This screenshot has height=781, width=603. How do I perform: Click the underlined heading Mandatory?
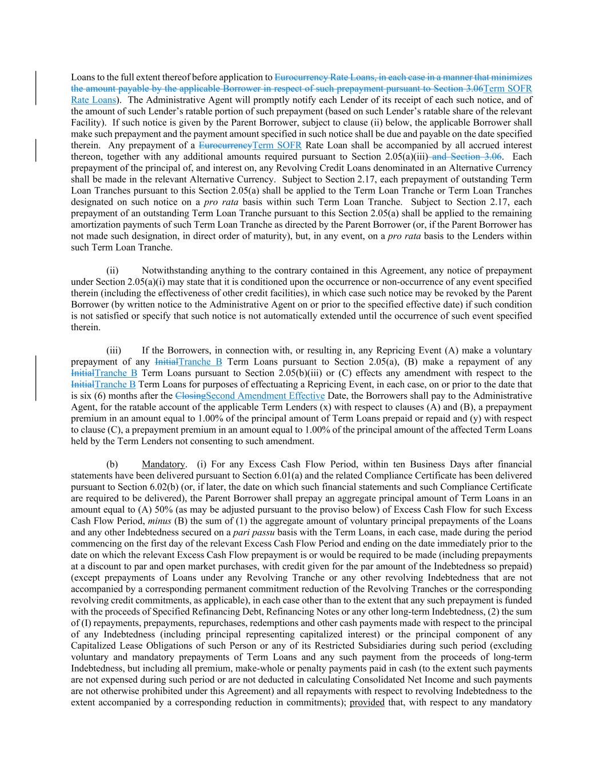coord(163,464)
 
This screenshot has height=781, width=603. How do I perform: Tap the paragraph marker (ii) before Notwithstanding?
coord(113,270)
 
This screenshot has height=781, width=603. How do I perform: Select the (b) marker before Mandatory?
coord(112,464)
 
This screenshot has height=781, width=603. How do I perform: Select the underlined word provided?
coord(367,702)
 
